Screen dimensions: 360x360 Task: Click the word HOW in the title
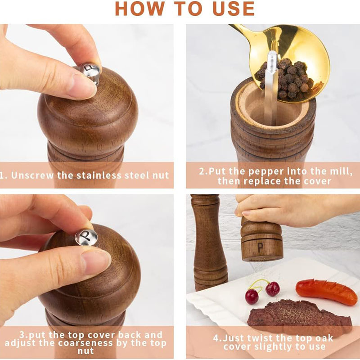coord(140,9)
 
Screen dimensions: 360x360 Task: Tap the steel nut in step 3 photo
coord(86,237)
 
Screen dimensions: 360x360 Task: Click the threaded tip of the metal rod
coord(273,60)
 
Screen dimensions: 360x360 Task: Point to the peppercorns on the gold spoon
coord(287,77)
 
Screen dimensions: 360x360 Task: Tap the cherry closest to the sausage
coord(273,288)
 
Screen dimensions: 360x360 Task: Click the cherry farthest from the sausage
coord(252,297)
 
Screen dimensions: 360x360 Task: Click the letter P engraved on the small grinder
coord(260,247)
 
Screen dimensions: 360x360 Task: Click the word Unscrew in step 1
coord(32,175)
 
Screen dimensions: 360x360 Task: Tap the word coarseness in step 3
coord(85,343)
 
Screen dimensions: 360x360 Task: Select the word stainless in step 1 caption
coord(99,175)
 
